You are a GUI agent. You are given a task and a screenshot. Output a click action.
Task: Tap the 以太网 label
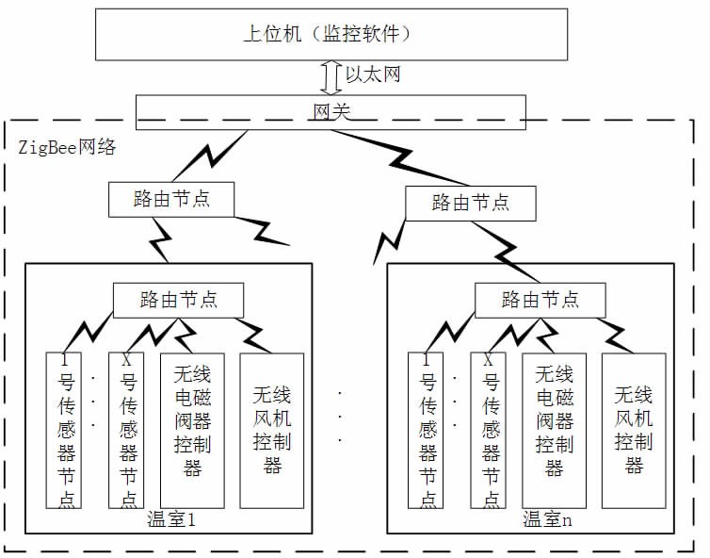[373, 74]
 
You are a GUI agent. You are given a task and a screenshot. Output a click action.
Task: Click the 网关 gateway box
[329, 111]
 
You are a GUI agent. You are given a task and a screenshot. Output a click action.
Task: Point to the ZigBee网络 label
[66, 147]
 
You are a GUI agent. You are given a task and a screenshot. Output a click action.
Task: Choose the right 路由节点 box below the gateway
[470, 202]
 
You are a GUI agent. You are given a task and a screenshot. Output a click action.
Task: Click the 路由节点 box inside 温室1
[178, 300]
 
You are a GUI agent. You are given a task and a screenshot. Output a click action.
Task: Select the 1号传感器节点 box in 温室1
[62, 429]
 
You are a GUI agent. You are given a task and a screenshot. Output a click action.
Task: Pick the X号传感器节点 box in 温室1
[127, 429]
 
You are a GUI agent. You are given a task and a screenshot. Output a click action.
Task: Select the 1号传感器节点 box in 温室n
[424, 429]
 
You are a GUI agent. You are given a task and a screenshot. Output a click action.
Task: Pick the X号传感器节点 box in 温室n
[489, 429]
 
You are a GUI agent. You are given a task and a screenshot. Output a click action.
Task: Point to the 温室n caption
[548, 519]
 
